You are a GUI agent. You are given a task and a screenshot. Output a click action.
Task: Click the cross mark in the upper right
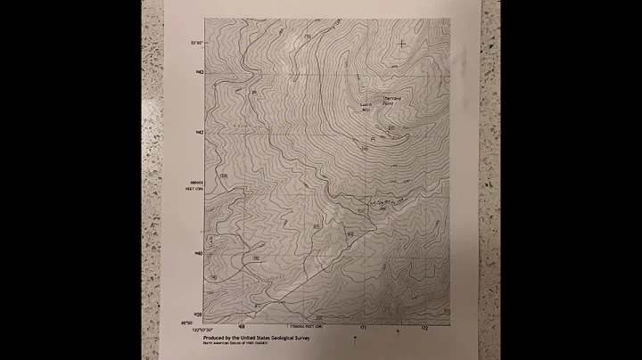403,42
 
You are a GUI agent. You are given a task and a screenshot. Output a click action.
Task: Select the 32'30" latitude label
196,42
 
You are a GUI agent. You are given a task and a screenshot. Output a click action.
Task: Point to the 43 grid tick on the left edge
199,71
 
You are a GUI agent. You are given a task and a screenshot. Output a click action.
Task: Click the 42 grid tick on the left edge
199,133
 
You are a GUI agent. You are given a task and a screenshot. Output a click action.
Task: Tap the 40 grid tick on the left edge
199,254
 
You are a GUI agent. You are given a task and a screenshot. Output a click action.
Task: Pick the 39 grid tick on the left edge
199,315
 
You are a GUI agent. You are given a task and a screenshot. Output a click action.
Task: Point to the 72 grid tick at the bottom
424,327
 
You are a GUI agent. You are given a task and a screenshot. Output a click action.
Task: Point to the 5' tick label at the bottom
398,331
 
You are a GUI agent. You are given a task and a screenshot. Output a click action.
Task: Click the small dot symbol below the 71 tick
355,339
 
